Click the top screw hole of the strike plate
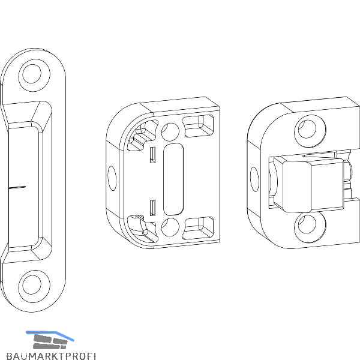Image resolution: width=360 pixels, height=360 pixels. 32,74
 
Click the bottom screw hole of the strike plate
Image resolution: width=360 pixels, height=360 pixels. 32,284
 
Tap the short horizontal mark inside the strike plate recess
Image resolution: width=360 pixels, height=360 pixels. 17,187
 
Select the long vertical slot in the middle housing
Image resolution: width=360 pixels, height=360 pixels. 173,179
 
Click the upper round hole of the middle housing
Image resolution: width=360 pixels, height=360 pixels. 170,132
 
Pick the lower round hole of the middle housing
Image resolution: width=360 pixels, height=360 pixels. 170,227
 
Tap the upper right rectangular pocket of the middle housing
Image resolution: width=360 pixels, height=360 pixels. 198,126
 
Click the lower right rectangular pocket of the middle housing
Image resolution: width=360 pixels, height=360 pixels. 198,228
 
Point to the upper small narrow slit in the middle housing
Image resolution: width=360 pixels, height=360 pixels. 153,155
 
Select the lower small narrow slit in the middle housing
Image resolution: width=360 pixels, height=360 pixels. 153,208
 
